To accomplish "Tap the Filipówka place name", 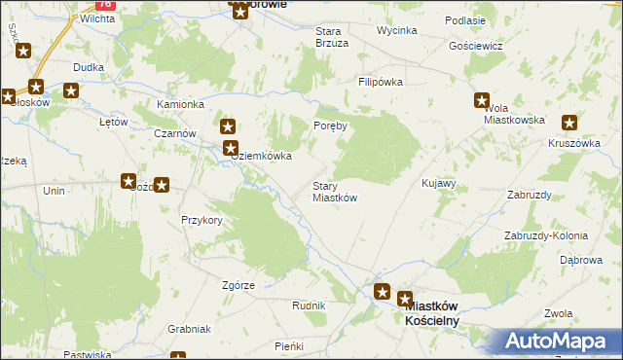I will (x=380, y=83).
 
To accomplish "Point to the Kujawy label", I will (x=438, y=183).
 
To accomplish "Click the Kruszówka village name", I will (x=573, y=142).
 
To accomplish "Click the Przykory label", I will (x=202, y=221).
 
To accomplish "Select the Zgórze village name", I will (x=238, y=285).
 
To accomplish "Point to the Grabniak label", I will (x=189, y=329).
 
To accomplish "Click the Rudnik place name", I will (x=309, y=306).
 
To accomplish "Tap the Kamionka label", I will (x=180, y=104).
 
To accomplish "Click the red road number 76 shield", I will (x=106, y=4).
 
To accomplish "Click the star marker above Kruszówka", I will (x=569, y=123).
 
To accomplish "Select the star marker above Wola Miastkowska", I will (x=482, y=99).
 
